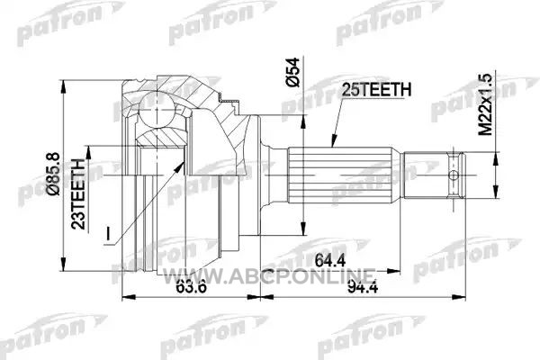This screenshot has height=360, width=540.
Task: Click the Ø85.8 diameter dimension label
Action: pyautogui.click(x=54, y=174)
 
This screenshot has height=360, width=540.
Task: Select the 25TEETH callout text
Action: pyautogui.click(x=376, y=90)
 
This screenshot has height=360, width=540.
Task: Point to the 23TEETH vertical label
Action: pyautogui.click(x=78, y=194)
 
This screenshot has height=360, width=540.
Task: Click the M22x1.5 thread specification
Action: pyautogui.click(x=486, y=104)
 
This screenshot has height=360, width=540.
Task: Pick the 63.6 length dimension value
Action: pyautogui.click(x=191, y=286)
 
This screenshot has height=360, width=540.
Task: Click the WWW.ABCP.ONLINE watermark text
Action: pyautogui.click(x=268, y=276)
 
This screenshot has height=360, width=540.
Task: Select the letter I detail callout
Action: pyautogui.click(x=108, y=233)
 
